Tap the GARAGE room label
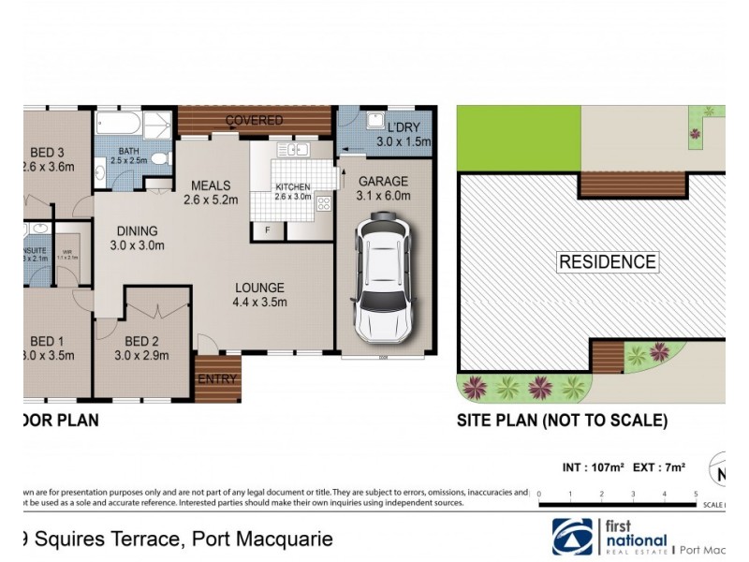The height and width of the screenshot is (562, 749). coord(382,181)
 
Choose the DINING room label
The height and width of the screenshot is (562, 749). coord(137,231)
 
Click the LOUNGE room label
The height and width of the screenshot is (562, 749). coord(259,288)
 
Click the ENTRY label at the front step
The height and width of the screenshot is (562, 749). coord(217,379)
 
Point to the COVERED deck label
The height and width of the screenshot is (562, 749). coord(254,121)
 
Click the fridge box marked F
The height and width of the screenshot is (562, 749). coord(268,229)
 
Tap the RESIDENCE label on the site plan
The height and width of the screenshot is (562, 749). coord(608,261)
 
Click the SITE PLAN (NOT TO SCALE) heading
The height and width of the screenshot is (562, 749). coord(562,421)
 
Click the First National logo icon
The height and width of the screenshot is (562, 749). coord(572,537)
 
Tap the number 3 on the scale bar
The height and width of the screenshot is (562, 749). coord(634,494)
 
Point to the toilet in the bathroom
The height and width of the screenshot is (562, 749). coord(160,157)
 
